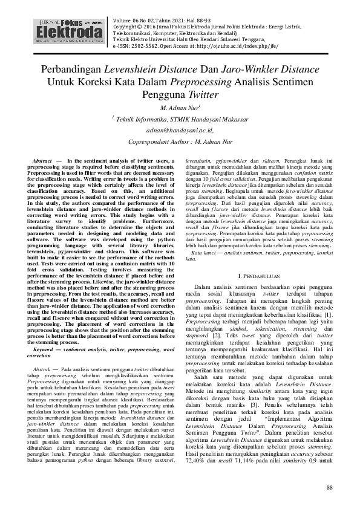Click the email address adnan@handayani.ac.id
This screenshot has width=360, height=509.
coord(180,129)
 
